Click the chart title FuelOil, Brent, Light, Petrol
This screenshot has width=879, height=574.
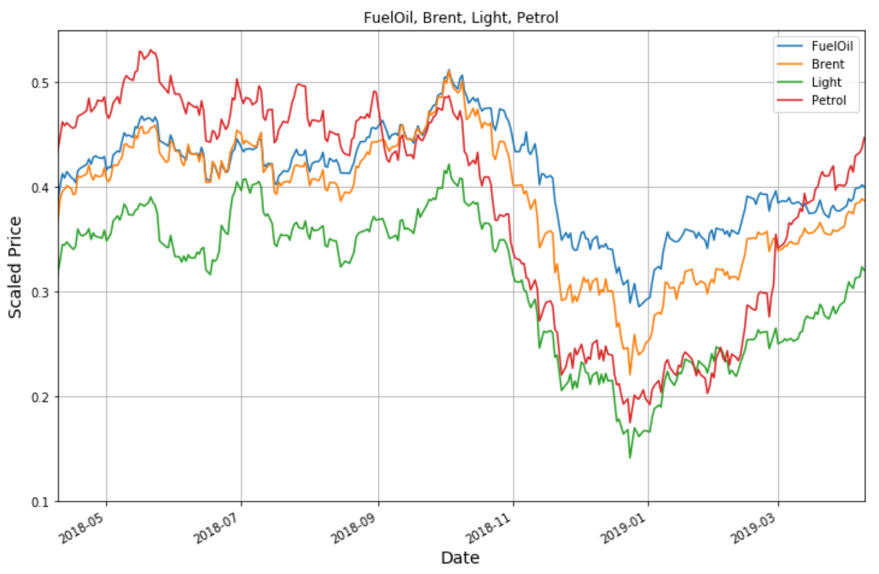coord(461,17)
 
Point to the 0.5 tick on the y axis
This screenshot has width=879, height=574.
coord(40,83)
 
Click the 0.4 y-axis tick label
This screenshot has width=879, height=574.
coord(40,188)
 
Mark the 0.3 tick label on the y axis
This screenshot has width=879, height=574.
coord(40,292)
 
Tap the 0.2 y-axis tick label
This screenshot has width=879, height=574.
coord(40,397)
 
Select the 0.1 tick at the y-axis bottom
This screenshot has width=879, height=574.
coord(40,502)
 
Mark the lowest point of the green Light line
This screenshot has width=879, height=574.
coord(629,458)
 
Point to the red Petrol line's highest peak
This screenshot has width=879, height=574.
coord(151,50)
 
